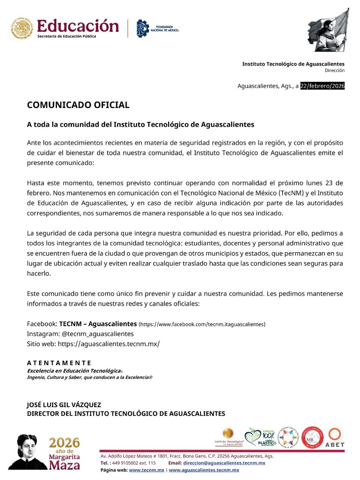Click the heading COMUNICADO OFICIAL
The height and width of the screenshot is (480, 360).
pyautogui.click(x=78, y=105)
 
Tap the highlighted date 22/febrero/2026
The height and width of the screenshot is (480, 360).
pyautogui.click(x=322, y=86)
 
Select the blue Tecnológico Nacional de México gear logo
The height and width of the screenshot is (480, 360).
pyautogui.click(x=142, y=28)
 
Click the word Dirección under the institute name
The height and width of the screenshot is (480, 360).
pyautogui.click(x=335, y=70)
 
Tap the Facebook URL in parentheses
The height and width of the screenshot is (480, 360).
pyautogui.click(x=202, y=324)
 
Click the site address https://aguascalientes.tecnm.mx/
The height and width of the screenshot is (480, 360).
pyautogui.click(x=109, y=343)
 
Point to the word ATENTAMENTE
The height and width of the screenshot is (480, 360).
pyautogui.click(x=59, y=363)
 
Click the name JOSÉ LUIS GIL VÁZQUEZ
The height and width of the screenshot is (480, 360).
pyautogui.click(x=64, y=405)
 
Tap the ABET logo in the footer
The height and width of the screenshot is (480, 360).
pyautogui.click(x=335, y=438)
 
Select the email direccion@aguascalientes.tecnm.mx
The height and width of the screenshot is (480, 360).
pyautogui.click(x=224, y=463)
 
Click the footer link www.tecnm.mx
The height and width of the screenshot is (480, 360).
pyautogui.click(x=146, y=470)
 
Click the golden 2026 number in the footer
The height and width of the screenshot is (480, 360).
pyautogui.click(x=65, y=442)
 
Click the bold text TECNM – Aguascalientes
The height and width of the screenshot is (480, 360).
pyautogui.click(x=98, y=324)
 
